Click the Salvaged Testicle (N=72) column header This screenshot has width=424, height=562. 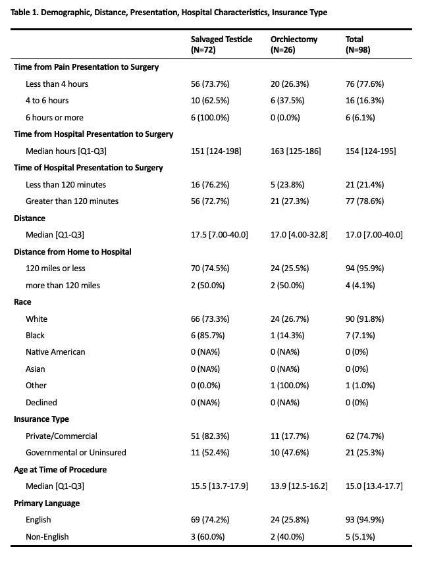[x=221, y=44]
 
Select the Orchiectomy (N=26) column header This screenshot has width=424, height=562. [x=294, y=44]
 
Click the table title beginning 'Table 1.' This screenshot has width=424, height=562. [x=170, y=13]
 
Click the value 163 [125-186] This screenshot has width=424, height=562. [x=295, y=151]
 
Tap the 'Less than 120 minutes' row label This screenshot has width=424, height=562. [x=66, y=184]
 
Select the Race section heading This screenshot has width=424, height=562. [x=22, y=302]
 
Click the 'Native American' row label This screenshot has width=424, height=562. [x=55, y=352]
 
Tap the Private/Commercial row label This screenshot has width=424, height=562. [x=61, y=436]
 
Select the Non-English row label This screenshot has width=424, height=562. [x=47, y=536]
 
